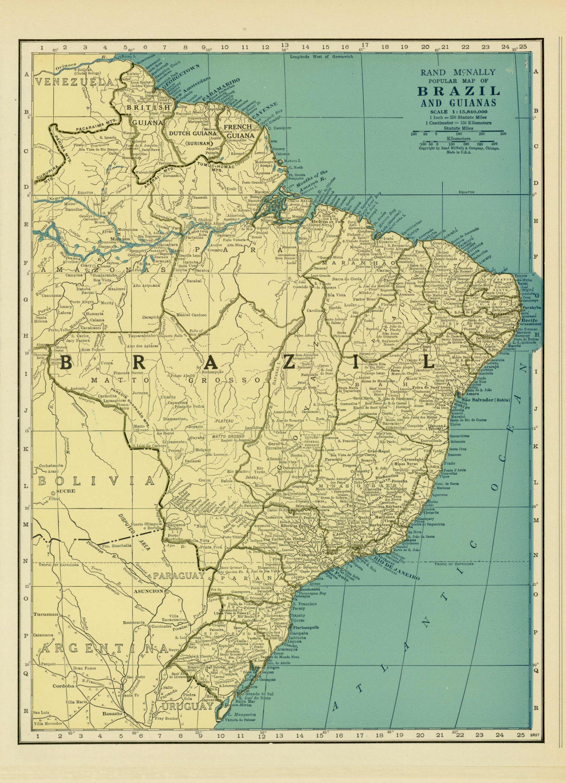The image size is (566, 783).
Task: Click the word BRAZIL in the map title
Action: (459, 91)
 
